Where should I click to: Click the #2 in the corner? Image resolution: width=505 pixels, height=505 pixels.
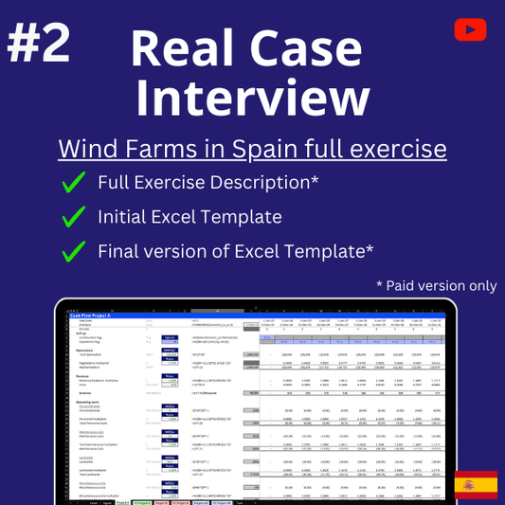[41, 45]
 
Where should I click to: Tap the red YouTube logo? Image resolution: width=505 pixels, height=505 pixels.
[469, 29]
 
